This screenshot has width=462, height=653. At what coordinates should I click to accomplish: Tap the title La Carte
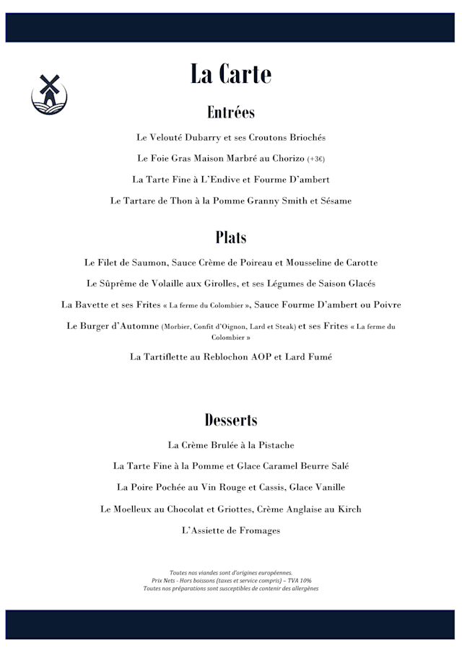tap(231, 74)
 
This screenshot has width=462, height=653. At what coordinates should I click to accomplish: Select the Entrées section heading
tap(231, 113)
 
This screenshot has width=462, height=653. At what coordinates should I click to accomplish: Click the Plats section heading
tap(231, 237)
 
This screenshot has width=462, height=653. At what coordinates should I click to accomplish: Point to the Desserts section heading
tap(231, 420)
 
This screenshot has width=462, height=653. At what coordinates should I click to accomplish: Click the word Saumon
tap(148, 263)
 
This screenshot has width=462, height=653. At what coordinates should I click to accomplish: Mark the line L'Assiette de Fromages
tap(231, 531)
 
